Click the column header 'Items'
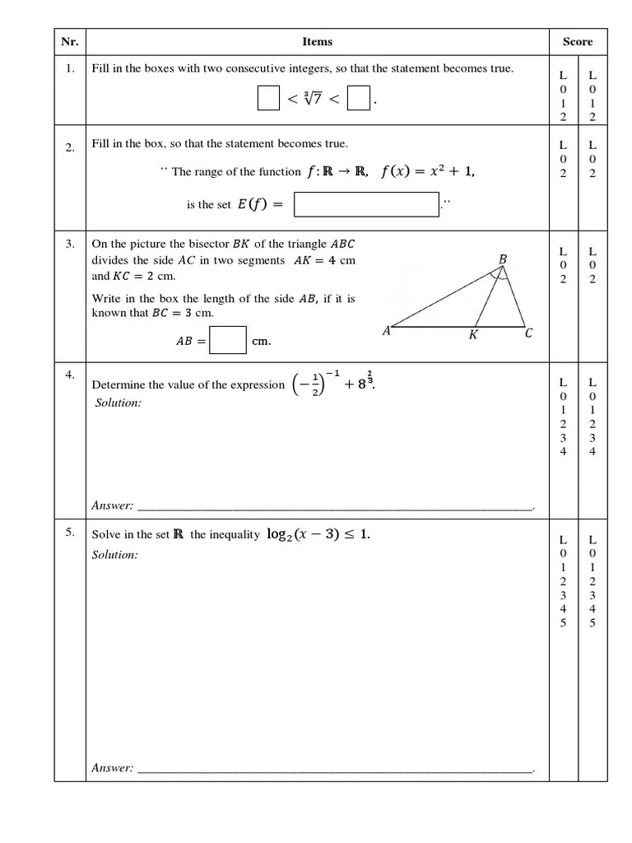pyautogui.click(x=317, y=42)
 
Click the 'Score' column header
pyautogui.click(x=577, y=42)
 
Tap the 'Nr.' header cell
pyautogui.click(x=70, y=42)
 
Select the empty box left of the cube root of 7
pyautogui.click(x=268, y=99)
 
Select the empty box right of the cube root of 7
pyautogui.click(x=358, y=99)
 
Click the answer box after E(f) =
pyautogui.click(x=366, y=205)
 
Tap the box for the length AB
pyautogui.click(x=228, y=340)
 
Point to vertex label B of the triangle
pyautogui.click(x=503, y=260)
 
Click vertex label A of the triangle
pyautogui.click(x=387, y=331)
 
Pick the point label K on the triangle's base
pyautogui.click(x=473, y=335)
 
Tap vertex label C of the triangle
pyautogui.click(x=528, y=333)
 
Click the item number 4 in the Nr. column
pyautogui.click(x=70, y=375)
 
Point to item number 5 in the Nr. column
pyautogui.click(x=70, y=533)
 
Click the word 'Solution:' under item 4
pyautogui.click(x=118, y=403)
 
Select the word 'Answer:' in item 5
pyautogui.click(x=113, y=768)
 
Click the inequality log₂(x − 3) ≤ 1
pyautogui.click(x=318, y=535)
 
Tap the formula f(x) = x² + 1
pyautogui.click(x=428, y=172)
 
